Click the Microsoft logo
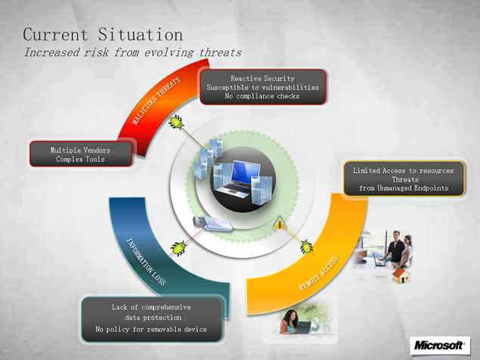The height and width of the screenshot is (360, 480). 440,346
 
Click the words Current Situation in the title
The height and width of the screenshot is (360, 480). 103,34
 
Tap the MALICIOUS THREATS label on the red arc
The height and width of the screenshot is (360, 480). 156,101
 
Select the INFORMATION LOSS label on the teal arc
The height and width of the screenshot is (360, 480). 147,262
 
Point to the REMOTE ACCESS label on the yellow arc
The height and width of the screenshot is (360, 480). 318,273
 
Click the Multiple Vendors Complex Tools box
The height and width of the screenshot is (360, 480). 81,154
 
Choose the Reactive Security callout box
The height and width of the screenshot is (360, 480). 262,87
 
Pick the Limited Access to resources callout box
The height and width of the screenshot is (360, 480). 404,179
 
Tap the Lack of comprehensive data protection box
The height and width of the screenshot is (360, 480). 151,319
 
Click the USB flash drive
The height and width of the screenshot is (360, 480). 212,223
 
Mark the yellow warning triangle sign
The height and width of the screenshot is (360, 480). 280,224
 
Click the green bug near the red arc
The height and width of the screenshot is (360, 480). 176,122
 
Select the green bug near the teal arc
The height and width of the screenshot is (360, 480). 179,248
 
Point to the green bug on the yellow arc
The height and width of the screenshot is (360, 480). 306,247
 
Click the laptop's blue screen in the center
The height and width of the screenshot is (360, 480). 245,172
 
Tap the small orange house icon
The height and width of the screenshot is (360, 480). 401,275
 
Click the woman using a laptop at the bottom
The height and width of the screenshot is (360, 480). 290,321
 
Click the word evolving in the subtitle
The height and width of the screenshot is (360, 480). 169,52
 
